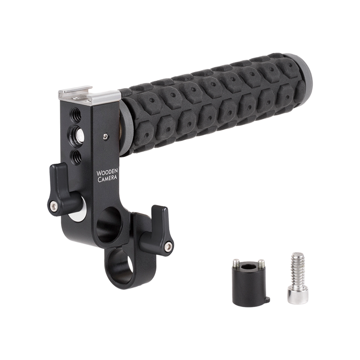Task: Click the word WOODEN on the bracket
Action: click(107, 172)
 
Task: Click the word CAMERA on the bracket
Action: click(107, 178)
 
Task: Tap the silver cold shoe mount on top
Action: click(89, 96)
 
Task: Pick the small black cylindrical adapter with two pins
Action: click(250, 282)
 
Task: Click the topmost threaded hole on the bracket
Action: click(76, 115)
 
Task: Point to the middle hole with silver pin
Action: click(77, 136)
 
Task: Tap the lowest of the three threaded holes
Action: click(76, 157)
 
